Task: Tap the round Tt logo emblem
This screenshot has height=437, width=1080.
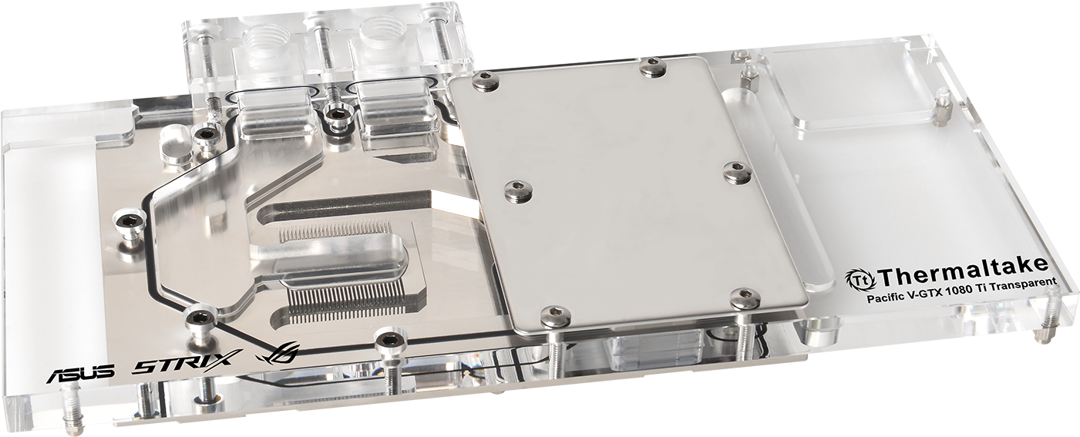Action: pyautogui.click(x=860, y=279)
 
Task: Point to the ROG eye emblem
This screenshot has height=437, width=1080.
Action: pyautogui.click(x=278, y=354)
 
